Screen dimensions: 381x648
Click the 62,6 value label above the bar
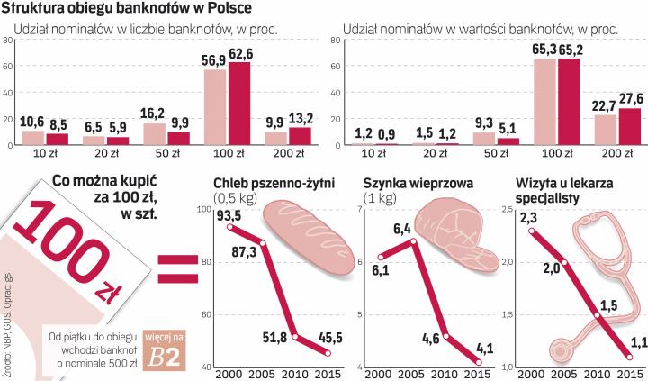coord(239,53)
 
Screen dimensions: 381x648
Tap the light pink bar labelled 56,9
coord(215,106)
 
